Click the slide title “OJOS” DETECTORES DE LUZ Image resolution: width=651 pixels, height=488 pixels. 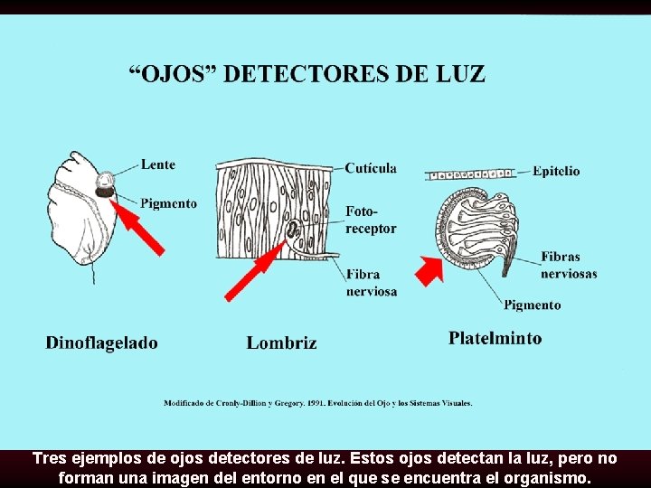(309, 74)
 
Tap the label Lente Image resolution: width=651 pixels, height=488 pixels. (158, 164)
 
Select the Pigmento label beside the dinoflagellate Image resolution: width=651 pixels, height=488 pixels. (168, 203)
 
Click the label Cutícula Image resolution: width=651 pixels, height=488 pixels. (371, 168)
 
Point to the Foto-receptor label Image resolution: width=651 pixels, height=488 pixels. (371, 220)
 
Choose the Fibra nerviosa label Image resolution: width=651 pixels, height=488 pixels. (371, 282)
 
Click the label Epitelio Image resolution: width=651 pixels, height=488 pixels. (556, 171)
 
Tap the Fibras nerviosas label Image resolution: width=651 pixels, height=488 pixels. (569, 265)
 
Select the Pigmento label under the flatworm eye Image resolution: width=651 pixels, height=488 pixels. (532, 305)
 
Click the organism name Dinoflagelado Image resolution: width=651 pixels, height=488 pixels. (101, 343)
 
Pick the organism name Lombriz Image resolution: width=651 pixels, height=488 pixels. (281, 343)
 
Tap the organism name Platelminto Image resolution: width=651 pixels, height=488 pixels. (495, 338)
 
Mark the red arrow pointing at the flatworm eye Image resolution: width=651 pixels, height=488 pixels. (430, 268)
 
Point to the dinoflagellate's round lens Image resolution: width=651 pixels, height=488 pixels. (106, 179)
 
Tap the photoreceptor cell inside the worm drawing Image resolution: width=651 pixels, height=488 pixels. (293, 229)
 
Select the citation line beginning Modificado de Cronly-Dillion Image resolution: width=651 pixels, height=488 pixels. (317, 403)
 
